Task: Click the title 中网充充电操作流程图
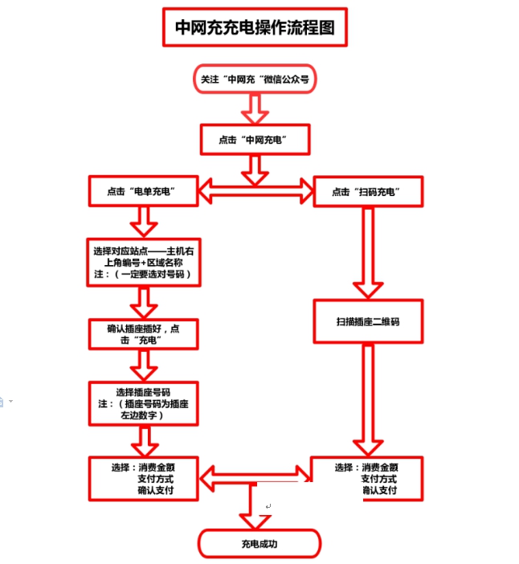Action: (255, 30)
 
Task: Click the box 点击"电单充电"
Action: (142, 191)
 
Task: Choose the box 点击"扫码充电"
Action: (367, 192)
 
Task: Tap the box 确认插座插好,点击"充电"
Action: (142, 334)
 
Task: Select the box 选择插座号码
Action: (142, 404)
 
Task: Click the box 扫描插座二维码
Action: (368, 321)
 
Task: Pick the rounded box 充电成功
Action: (259, 544)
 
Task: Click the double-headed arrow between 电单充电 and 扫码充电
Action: (255, 191)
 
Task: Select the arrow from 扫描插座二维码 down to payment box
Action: (368, 401)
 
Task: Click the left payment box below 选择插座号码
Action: (142, 478)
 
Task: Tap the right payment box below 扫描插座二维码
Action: (368, 478)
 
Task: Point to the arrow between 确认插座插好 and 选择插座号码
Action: (143, 365)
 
